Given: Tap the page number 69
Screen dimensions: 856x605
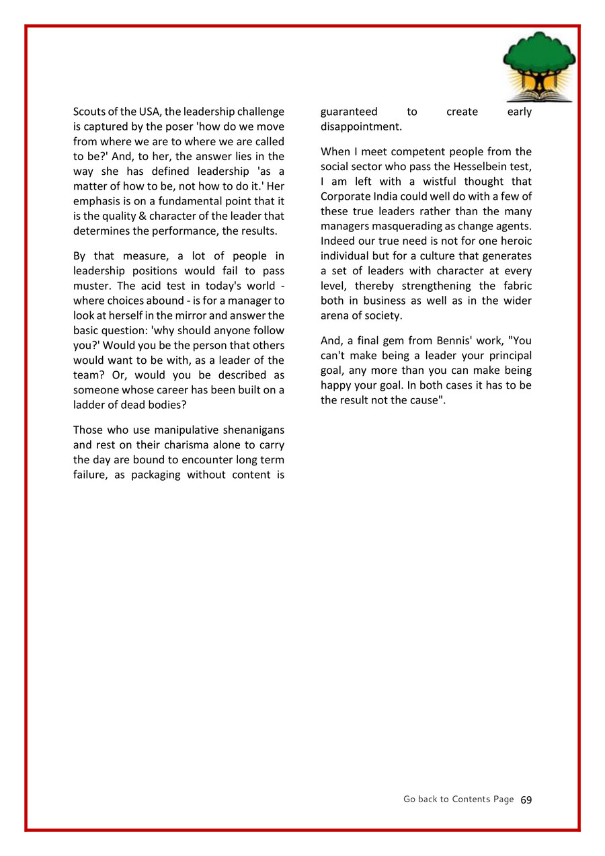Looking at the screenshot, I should (x=526, y=800).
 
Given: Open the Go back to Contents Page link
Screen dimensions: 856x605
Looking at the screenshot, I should (x=458, y=800).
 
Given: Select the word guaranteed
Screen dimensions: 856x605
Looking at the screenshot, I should (x=349, y=112).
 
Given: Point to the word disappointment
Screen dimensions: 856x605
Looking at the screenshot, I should (x=361, y=126).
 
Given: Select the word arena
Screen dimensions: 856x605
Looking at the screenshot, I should (x=336, y=315).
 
